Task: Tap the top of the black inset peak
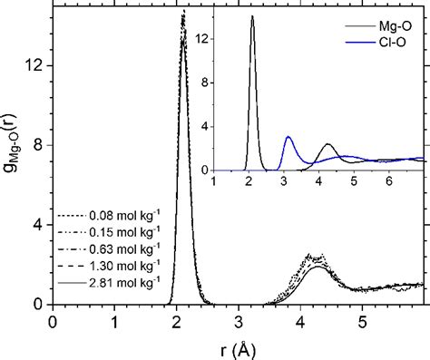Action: coord(252,16)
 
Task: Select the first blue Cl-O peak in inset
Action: coord(288,137)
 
